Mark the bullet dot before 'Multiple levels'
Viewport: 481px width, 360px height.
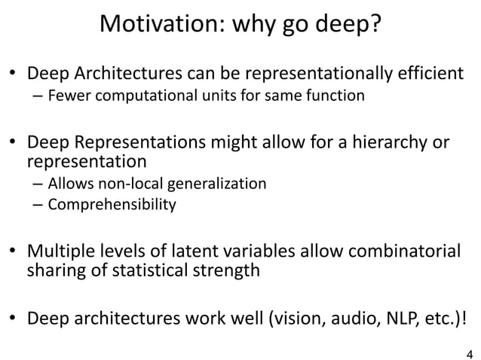pyautogui.click(x=14, y=252)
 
